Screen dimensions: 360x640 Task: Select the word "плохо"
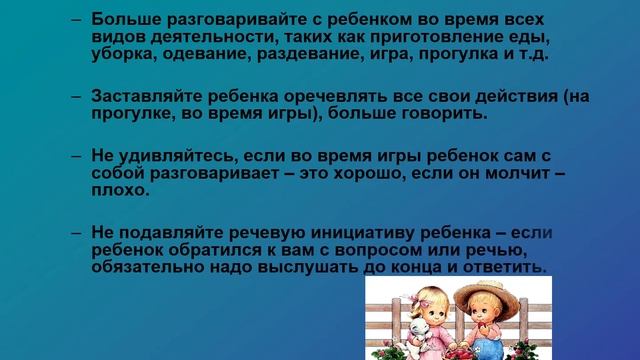click(119, 190)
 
